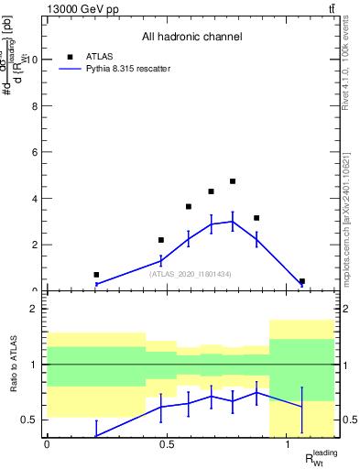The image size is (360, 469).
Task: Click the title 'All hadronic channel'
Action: click(x=191, y=38)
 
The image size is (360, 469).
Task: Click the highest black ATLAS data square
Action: click(x=233, y=181)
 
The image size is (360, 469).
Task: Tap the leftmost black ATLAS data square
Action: click(x=96, y=274)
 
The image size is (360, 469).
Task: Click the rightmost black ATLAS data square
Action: click(x=302, y=281)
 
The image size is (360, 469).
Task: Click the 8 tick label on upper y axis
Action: click(x=35, y=106)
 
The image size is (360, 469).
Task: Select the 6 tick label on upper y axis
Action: click(x=35, y=152)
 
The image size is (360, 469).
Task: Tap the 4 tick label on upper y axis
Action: click(x=35, y=199)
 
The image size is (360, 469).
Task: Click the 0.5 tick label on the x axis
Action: click(x=167, y=443)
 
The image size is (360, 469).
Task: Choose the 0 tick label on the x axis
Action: click(x=47, y=443)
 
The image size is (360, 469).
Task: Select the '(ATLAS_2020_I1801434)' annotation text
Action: click(x=191, y=274)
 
